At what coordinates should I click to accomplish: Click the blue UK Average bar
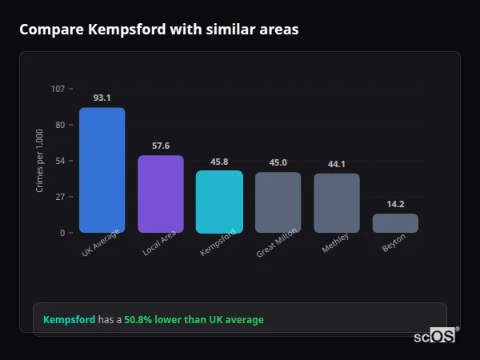(x=102, y=170)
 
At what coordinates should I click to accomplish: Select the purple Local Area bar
(x=161, y=194)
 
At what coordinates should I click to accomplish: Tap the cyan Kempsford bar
(x=219, y=202)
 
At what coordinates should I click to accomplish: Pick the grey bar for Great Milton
(x=278, y=202)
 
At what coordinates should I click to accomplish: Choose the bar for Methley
(x=337, y=203)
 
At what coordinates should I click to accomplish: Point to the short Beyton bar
(x=395, y=223)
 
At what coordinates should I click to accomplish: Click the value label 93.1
(x=102, y=98)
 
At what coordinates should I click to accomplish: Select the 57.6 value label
(x=161, y=146)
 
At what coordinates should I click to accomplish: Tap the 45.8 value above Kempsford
(x=219, y=162)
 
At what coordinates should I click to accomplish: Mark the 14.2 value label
(x=395, y=204)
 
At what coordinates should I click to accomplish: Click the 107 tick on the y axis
(x=58, y=89)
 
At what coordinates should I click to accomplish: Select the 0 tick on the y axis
(x=62, y=233)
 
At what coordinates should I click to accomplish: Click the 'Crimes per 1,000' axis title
(x=40, y=161)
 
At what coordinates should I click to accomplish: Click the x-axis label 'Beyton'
(x=394, y=242)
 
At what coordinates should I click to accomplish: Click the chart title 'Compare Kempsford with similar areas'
(x=159, y=30)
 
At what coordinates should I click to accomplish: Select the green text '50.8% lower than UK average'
(x=194, y=320)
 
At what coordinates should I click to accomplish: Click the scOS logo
(x=435, y=336)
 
